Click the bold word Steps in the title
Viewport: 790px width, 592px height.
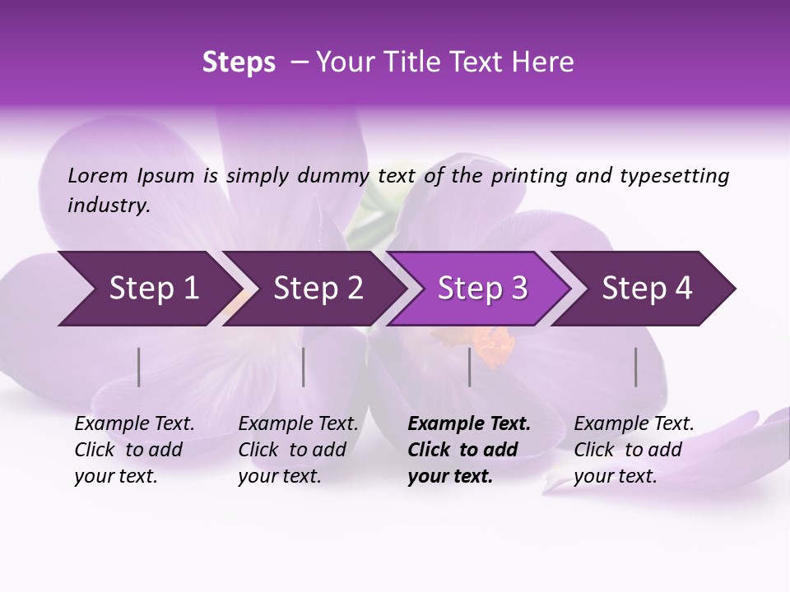[x=239, y=62]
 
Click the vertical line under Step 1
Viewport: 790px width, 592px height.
[x=139, y=367]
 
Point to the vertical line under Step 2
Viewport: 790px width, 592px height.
[x=304, y=367]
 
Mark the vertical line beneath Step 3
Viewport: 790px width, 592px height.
[x=470, y=367]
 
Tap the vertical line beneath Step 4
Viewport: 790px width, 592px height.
[x=636, y=367]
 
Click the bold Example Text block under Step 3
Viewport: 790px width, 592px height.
[x=469, y=450]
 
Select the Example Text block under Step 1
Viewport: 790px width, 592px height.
[x=134, y=450]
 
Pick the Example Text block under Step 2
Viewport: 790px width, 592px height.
[x=298, y=450]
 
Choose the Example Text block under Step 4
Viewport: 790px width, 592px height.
[x=634, y=450]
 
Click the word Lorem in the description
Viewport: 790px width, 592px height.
[x=98, y=176]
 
